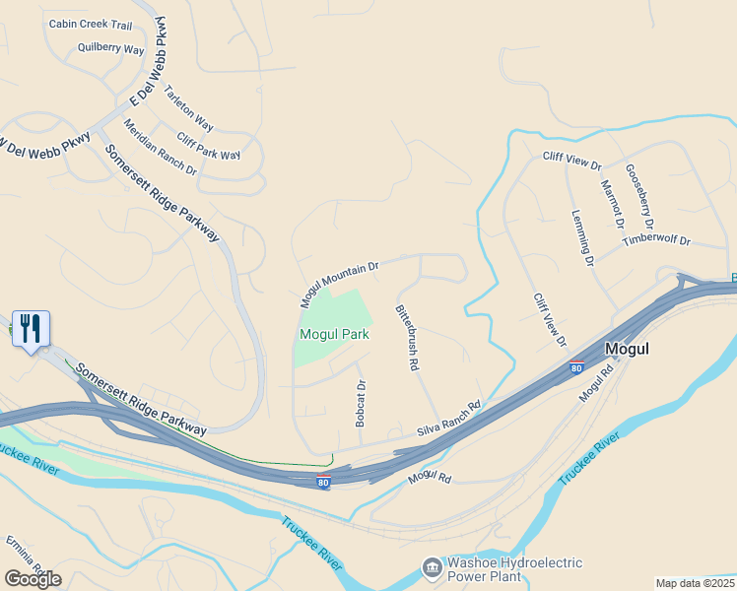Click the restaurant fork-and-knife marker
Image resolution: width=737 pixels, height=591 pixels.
(31, 329)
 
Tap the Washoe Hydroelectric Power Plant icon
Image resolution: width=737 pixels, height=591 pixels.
(432, 568)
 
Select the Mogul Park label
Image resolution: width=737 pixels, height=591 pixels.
(334, 334)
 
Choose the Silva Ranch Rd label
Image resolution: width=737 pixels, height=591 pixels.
(448, 420)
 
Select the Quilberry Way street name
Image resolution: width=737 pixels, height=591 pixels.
(110, 49)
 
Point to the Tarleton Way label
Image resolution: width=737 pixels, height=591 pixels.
(189, 107)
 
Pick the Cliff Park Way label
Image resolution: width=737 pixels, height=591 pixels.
(208, 147)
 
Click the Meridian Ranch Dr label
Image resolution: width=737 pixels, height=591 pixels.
(160, 148)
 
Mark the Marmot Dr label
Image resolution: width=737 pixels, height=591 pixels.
(612, 203)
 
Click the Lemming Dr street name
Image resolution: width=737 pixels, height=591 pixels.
(583, 238)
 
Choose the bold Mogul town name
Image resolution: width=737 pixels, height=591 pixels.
(628, 348)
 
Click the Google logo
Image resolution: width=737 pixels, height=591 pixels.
(33, 578)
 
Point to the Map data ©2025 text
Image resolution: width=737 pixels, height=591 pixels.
(695, 583)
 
